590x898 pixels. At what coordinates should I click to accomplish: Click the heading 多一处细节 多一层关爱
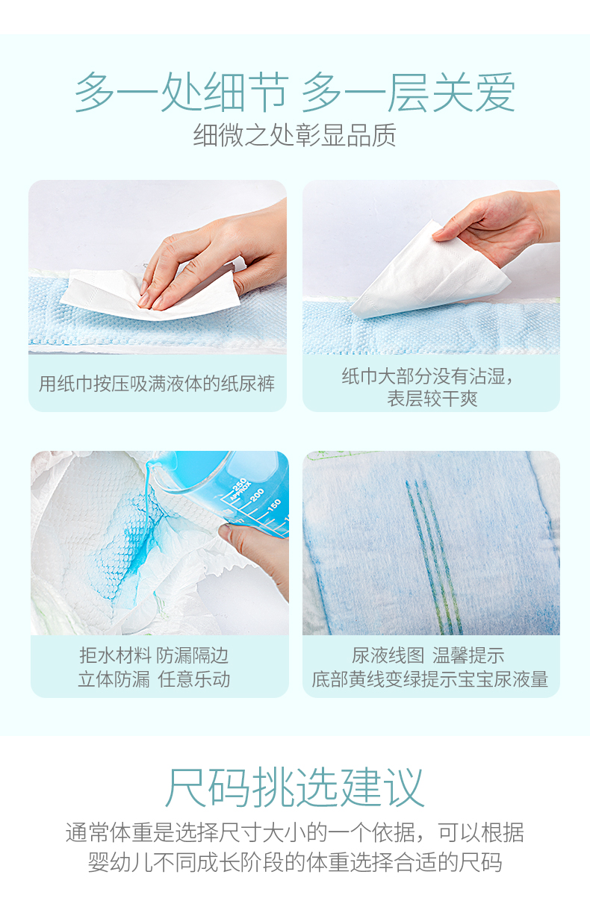pyautogui.click(x=295, y=93)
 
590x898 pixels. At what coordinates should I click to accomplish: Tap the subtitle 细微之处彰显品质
pyautogui.click(x=295, y=135)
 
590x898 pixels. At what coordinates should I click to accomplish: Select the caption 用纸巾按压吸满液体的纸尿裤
pyautogui.click(x=157, y=384)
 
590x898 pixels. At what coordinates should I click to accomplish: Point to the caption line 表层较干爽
pyautogui.click(x=432, y=399)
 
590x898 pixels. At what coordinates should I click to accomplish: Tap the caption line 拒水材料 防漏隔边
pyautogui.click(x=154, y=656)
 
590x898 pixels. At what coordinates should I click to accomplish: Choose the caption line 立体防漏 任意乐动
pyautogui.click(x=154, y=679)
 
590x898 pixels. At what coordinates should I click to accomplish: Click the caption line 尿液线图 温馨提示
pyautogui.click(x=428, y=656)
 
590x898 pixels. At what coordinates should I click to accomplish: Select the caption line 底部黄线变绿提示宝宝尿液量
pyautogui.click(x=429, y=679)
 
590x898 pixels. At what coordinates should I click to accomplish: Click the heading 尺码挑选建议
pyautogui.click(x=295, y=788)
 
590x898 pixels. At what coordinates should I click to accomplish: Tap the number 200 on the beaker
pyautogui.click(x=257, y=495)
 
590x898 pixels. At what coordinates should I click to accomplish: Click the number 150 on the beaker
pyautogui.click(x=274, y=505)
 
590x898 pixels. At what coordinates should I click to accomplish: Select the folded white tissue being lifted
pyautogui.click(x=429, y=272)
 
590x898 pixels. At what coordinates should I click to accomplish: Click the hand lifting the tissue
pyautogui.click(x=501, y=225)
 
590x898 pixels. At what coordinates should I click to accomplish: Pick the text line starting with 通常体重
pyautogui.click(x=295, y=832)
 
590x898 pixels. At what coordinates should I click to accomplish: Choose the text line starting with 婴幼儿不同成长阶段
pyautogui.click(x=295, y=863)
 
